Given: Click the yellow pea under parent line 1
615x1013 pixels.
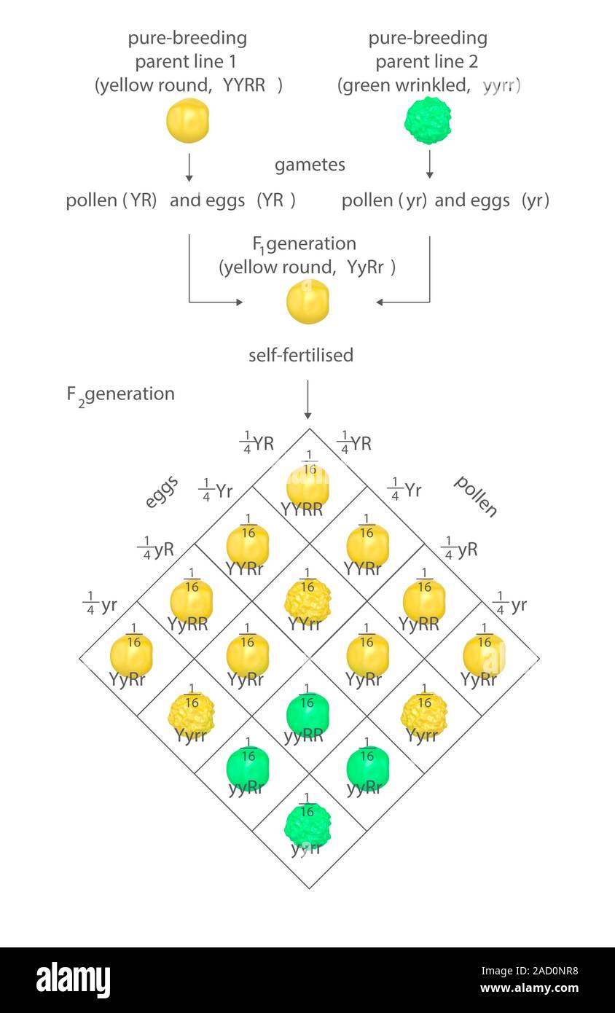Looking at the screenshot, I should (x=188, y=120).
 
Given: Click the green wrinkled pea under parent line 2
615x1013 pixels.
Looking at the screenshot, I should (x=428, y=120).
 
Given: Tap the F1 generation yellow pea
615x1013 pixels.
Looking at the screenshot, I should (x=307, y=301).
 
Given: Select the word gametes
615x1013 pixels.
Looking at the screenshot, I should (x=310, y=165).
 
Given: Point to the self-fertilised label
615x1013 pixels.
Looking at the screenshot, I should (x=301, y=355).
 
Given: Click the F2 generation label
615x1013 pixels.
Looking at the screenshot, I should (x=121, y=394).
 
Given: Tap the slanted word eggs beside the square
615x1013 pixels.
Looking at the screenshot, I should (x=161, y=496).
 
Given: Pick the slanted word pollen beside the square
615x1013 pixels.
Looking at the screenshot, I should (x=476, y=496).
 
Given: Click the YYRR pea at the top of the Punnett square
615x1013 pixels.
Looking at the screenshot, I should (x=307, y=485).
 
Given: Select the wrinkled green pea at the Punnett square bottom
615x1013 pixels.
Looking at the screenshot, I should (x=307, y=825).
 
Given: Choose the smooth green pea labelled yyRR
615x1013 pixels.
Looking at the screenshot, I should (x=307, y=713).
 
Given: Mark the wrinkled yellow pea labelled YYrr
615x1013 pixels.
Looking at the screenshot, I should (x=307, y=600).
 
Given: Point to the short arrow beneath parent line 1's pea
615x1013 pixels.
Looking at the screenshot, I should (x=189, y=167).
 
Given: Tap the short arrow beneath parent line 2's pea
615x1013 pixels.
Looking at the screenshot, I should (x=429, y=165).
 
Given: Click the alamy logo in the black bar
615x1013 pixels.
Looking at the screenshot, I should (x=74, y=980).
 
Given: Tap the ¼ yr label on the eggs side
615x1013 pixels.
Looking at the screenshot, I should (x=100, y=606).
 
